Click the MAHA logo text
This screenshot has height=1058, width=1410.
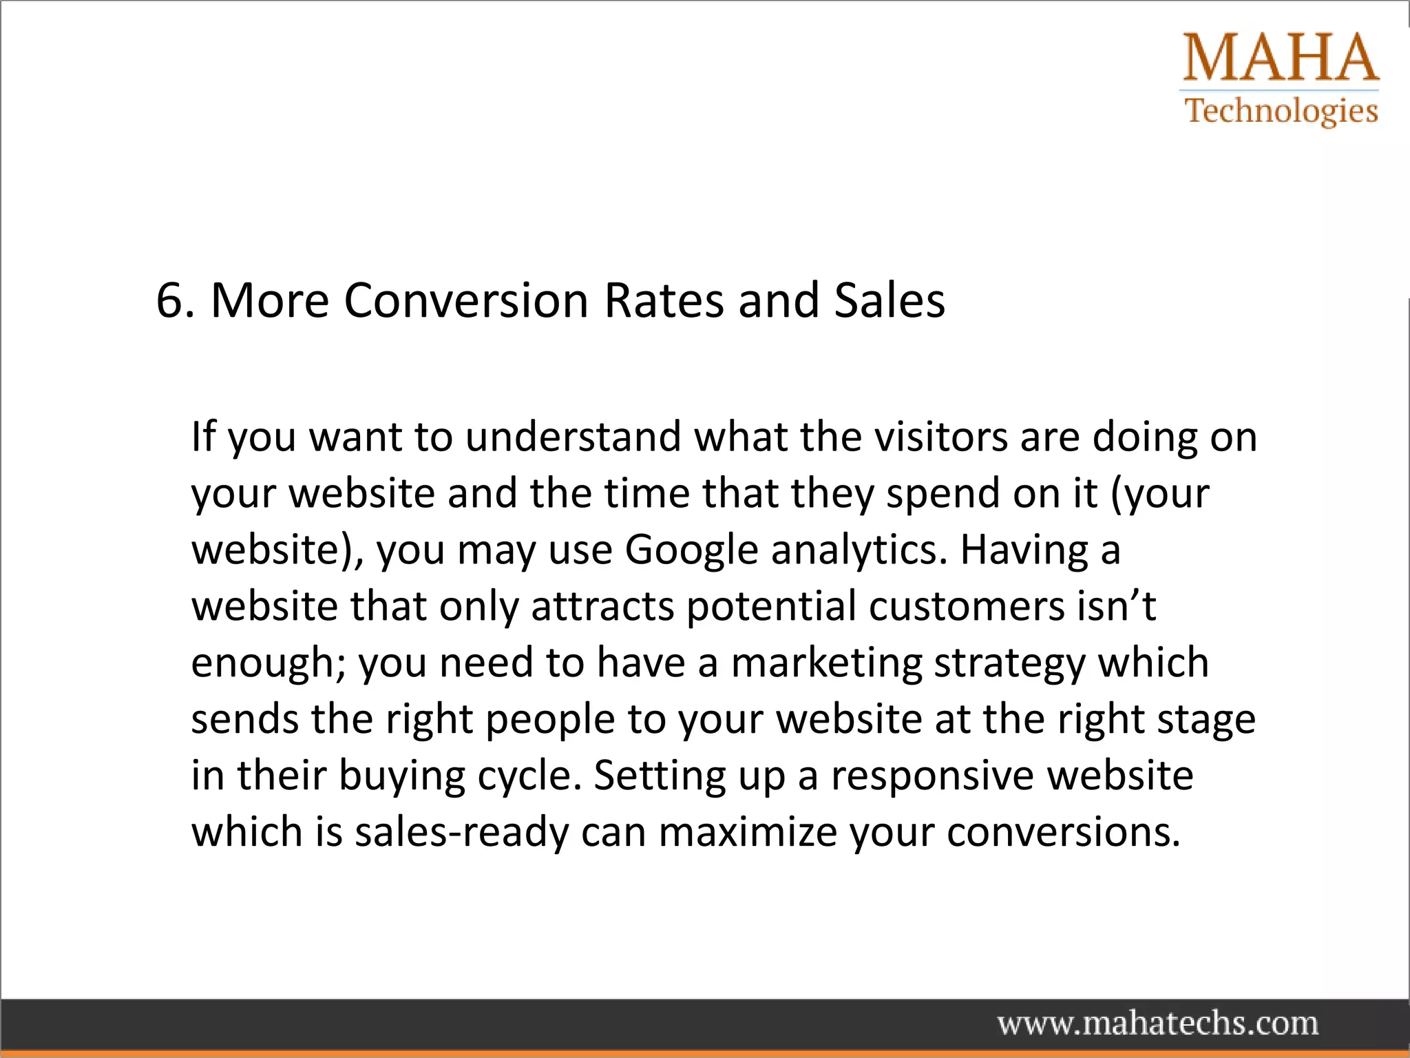[1281, 58]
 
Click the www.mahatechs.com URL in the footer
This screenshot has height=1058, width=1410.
[1158, 1024]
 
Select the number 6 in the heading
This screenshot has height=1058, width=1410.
[170, 301]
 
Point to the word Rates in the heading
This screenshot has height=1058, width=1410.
[664, 301]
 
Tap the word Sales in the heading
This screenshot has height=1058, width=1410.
[890, 301]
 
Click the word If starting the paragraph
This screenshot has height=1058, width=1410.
[203, 437]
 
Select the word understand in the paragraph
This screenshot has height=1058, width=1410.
[573, 437]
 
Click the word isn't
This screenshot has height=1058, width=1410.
[1117, 606]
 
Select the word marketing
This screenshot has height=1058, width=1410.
[826, 663]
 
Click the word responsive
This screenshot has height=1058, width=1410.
[932, 776]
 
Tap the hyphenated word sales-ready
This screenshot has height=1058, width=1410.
[461, 833]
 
